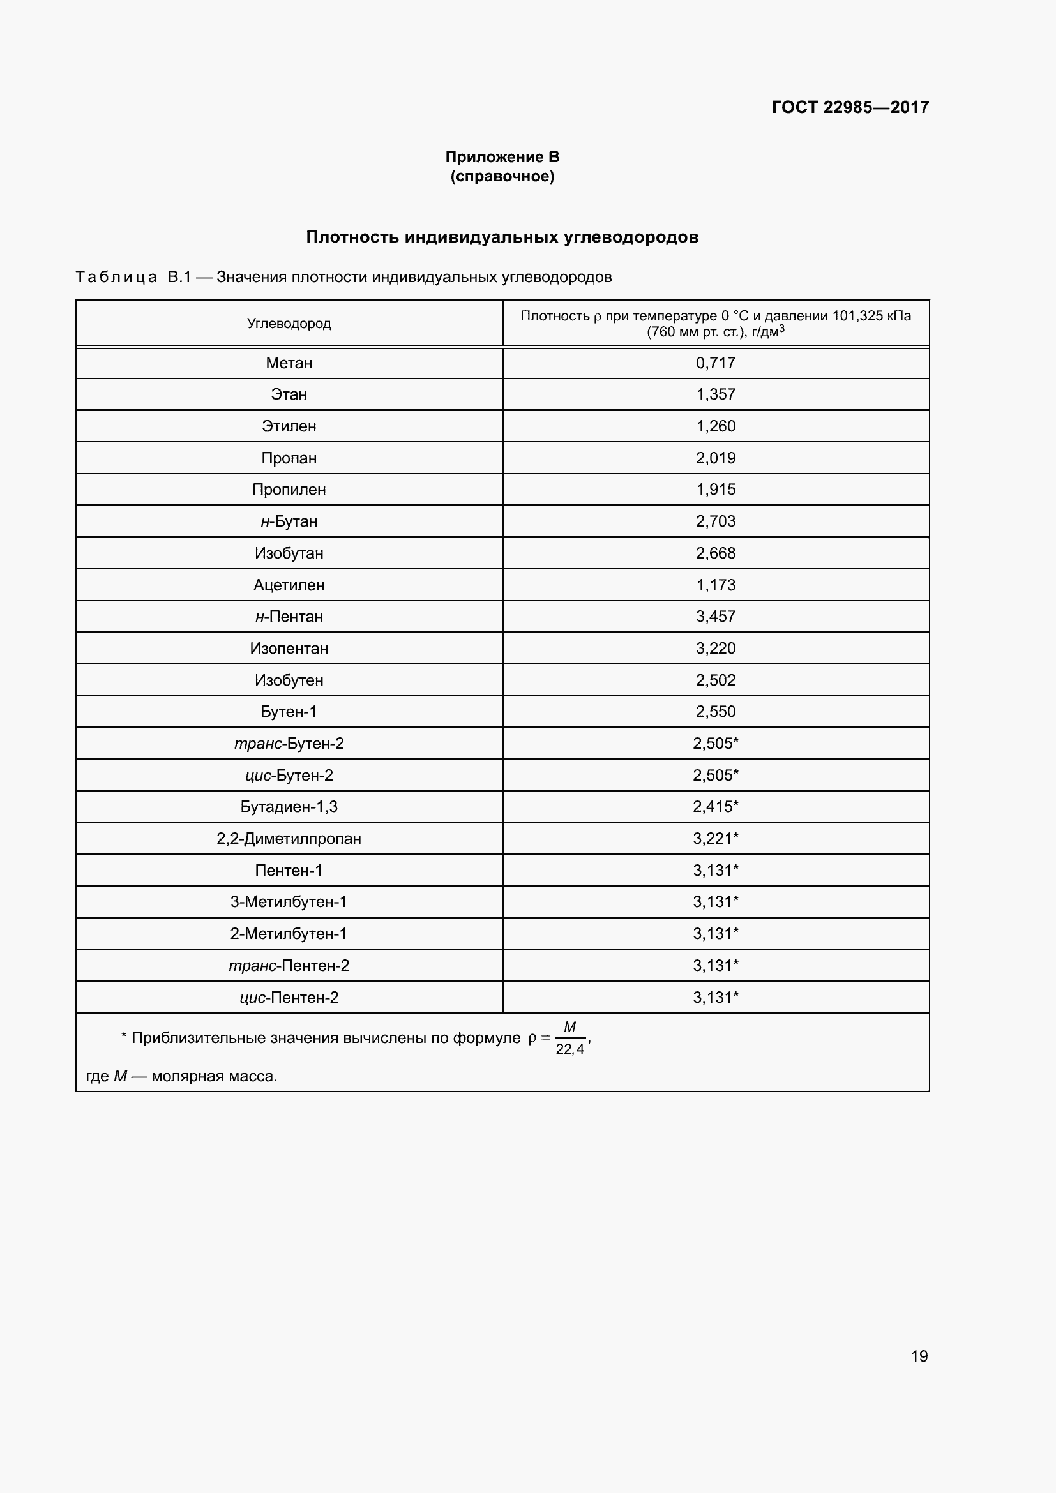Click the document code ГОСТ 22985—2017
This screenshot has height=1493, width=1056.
coord(850,107)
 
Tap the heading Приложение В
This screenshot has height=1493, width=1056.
coord(502,157)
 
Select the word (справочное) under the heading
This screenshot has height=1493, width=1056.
coord(502,176)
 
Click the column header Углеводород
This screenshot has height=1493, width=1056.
coord(289,323)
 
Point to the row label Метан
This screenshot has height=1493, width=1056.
coord(289,363)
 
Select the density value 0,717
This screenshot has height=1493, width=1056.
coord(715,363)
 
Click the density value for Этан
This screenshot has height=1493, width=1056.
coord(715,394)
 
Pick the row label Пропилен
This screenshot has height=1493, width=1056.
coord(289,489)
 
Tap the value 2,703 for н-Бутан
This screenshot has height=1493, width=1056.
coord(715,521)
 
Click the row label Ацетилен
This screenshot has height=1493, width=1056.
coord(289,585)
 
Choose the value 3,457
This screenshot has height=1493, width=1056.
coord(715,616)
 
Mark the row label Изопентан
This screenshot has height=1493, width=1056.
coord(289,648)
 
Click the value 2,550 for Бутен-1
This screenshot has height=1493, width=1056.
coord(715,710)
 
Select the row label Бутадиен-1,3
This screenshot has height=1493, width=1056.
coord(289,806)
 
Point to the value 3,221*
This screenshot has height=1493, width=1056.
coord(715,838)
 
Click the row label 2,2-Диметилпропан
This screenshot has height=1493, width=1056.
coord(289,838)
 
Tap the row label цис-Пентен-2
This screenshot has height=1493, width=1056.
coord(289,997)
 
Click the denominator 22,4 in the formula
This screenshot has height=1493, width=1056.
coord(569,1049)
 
